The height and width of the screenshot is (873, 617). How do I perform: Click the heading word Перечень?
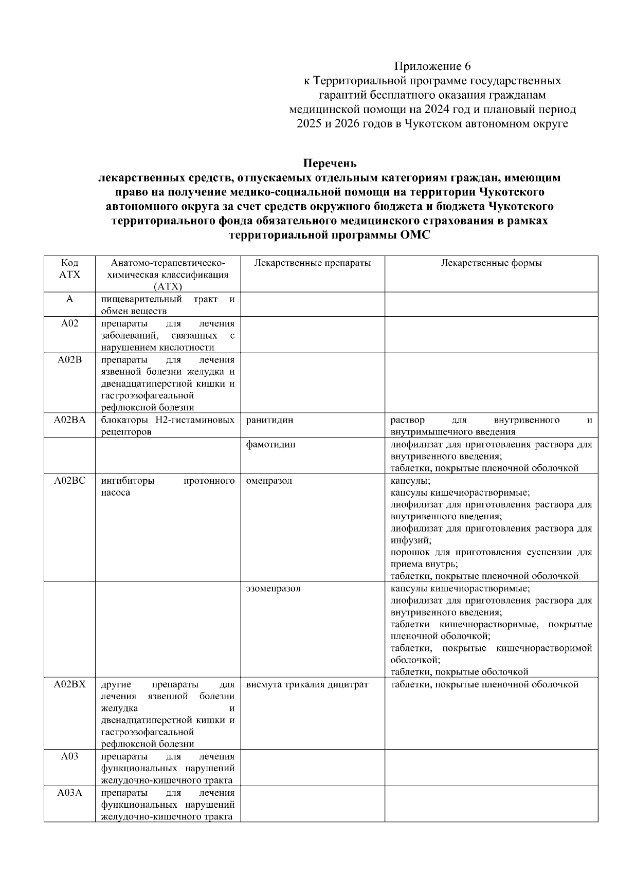(330, 163)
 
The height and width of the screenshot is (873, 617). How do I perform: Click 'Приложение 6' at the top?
(432, 66)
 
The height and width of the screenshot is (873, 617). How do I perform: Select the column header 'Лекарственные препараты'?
(312, 263)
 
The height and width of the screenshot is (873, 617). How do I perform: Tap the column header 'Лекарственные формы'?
(491, 263)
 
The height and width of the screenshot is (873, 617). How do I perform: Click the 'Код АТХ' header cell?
(69, 268)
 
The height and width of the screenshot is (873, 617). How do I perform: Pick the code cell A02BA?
(69, 420)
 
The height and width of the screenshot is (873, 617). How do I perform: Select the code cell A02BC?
(69, 481)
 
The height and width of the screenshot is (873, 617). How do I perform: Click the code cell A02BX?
(69, 684)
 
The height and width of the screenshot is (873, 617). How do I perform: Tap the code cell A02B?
(69, 359)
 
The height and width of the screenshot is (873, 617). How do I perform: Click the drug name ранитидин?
(269, 420)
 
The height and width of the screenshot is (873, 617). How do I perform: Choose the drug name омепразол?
(269, 481)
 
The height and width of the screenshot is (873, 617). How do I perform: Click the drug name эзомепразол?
(273, 589)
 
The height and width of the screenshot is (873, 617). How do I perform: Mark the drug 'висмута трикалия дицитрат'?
(307, 684)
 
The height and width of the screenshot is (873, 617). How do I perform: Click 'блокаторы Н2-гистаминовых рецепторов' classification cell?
(167, 426)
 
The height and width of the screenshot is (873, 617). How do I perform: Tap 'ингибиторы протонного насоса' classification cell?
(167, 486)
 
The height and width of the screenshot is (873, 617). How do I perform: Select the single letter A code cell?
(69, 299)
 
